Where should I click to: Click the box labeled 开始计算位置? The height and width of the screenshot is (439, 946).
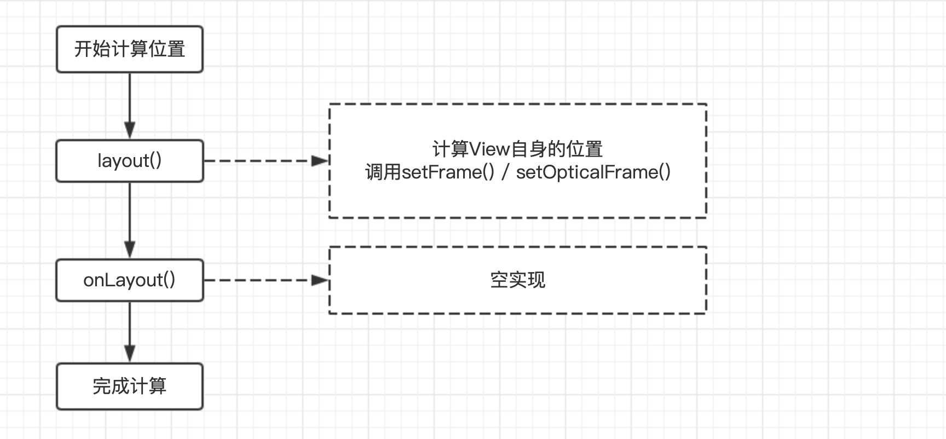pos(130,49)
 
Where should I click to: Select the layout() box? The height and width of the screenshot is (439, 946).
pos(130,161)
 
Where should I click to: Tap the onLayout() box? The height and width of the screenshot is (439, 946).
pos(130,280)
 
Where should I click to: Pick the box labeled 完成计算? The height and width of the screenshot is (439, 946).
pos(130,386)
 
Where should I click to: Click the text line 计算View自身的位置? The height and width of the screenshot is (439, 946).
pos(517,149)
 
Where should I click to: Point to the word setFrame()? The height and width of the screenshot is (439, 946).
pos(448,172)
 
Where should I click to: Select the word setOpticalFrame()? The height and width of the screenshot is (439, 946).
pos(593,172)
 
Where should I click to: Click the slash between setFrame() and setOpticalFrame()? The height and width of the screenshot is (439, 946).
pos(505,172)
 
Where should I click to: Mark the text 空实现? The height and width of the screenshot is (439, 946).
pos(517,280)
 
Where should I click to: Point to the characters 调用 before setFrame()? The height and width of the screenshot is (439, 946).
pos(383,172)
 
